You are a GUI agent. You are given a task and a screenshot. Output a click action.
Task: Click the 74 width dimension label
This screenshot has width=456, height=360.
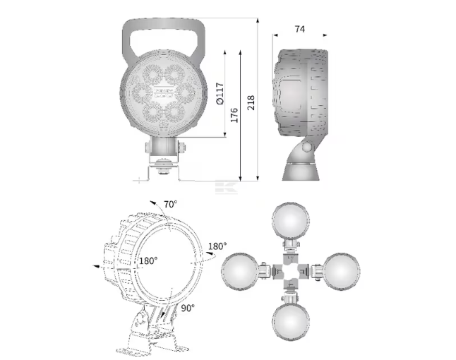pos(299,29)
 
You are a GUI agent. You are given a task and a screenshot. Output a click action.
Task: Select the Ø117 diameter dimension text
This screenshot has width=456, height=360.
pos(220,93)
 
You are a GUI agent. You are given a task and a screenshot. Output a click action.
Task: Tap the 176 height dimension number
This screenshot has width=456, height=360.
pos(234,115)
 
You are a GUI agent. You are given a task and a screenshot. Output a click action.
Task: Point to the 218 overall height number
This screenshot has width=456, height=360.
pos(251,102)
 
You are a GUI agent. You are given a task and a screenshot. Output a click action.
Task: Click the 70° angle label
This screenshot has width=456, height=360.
pos(170,205)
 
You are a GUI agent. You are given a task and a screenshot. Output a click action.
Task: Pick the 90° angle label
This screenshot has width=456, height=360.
pos(188,308)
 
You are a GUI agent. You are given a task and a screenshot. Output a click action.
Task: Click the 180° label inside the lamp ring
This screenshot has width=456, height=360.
pos(148,260)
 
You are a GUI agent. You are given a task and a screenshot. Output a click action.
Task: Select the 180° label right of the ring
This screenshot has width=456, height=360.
pos(217,246)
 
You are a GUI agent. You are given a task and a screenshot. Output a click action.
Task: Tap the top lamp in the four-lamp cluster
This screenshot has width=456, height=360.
pos(291,220)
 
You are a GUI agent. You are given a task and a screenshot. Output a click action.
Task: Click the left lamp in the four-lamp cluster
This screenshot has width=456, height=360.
pos(240,271)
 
